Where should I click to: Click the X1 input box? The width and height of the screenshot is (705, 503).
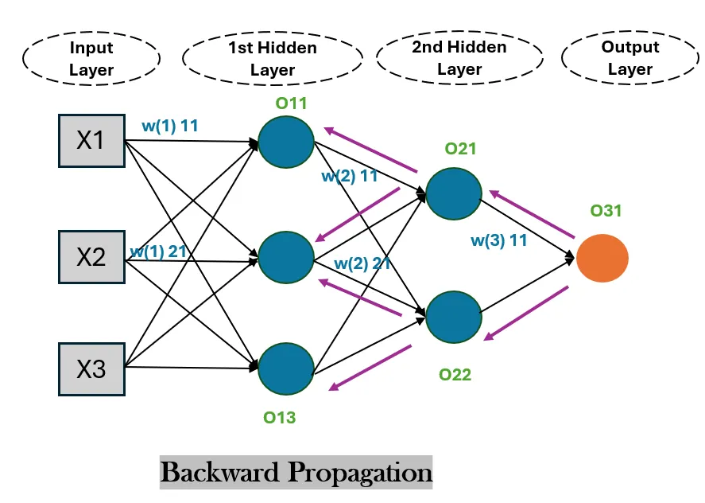point(91,141)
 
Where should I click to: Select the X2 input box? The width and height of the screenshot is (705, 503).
point(91,257)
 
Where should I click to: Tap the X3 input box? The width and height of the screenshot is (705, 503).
point(91,369)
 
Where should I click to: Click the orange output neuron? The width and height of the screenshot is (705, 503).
point(602,259)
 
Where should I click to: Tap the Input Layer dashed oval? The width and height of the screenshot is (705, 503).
point(91,58)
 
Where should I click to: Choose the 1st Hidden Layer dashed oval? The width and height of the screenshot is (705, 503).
point(273,59)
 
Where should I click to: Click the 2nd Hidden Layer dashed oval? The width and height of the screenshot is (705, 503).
point(459,58)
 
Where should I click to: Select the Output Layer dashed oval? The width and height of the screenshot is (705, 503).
point(629,58)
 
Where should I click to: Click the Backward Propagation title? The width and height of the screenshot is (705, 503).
point(296,473)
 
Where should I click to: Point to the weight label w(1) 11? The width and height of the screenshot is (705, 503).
point(169,126)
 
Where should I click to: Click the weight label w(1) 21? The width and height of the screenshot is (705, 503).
point(158,251)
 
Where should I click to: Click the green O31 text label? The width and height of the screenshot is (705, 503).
point(606,211)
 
